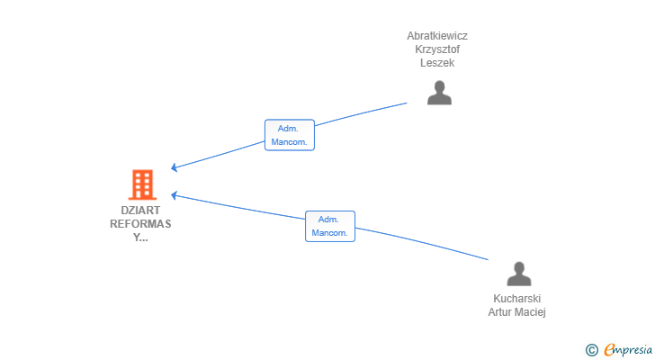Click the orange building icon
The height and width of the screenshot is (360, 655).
point(141,184)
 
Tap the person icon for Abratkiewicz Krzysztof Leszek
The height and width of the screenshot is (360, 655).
point(439,93)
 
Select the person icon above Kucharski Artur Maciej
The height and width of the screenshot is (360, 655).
point(519,274)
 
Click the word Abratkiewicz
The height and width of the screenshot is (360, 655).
point(437,36)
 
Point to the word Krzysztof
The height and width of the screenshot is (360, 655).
point(437,49)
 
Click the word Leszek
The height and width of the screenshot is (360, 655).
point(437,63)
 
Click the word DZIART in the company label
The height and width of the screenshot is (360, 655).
point(140,210)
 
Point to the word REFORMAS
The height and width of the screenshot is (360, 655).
point(140,223)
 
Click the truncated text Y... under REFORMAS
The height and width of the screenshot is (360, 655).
point(140,238)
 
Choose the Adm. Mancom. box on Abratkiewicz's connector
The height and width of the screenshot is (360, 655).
point(290,135)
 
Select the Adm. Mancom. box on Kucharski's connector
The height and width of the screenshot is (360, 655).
point(330,226)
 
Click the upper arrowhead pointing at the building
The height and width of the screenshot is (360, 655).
point(175,167)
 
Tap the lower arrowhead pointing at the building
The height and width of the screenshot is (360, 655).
point(175,194)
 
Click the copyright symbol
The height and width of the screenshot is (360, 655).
point(591,350)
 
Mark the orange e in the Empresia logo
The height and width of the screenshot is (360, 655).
point(609,350)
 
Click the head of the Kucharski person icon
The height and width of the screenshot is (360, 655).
point(519,267)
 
